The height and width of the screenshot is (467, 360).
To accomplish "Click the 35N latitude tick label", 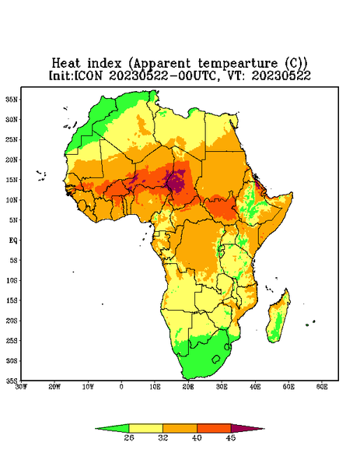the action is coord(12,100).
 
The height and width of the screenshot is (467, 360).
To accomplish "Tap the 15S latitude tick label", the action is coord(12,300).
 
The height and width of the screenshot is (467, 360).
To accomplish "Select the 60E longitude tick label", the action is coord(322,387).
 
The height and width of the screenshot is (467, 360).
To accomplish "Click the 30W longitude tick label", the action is coord(22,387).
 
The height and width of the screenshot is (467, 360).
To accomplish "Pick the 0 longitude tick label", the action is coord(121,387).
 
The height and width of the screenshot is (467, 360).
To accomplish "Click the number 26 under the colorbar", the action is coord(129,437).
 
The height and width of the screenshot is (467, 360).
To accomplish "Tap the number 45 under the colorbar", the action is coord(231,437).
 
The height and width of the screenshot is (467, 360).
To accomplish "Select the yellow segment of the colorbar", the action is coord(145,429).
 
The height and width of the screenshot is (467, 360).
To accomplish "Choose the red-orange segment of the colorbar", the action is coord(214,429).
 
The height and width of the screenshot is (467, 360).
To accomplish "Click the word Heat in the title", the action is coord(66,64).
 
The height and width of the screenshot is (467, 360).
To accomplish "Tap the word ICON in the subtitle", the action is coord(88,75).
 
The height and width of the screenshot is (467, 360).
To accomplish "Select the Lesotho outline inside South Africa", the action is coord(216,359).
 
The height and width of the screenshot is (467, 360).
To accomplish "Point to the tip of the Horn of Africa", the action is coord(292,194).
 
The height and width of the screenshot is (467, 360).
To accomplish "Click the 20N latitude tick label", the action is coord(12,160).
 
